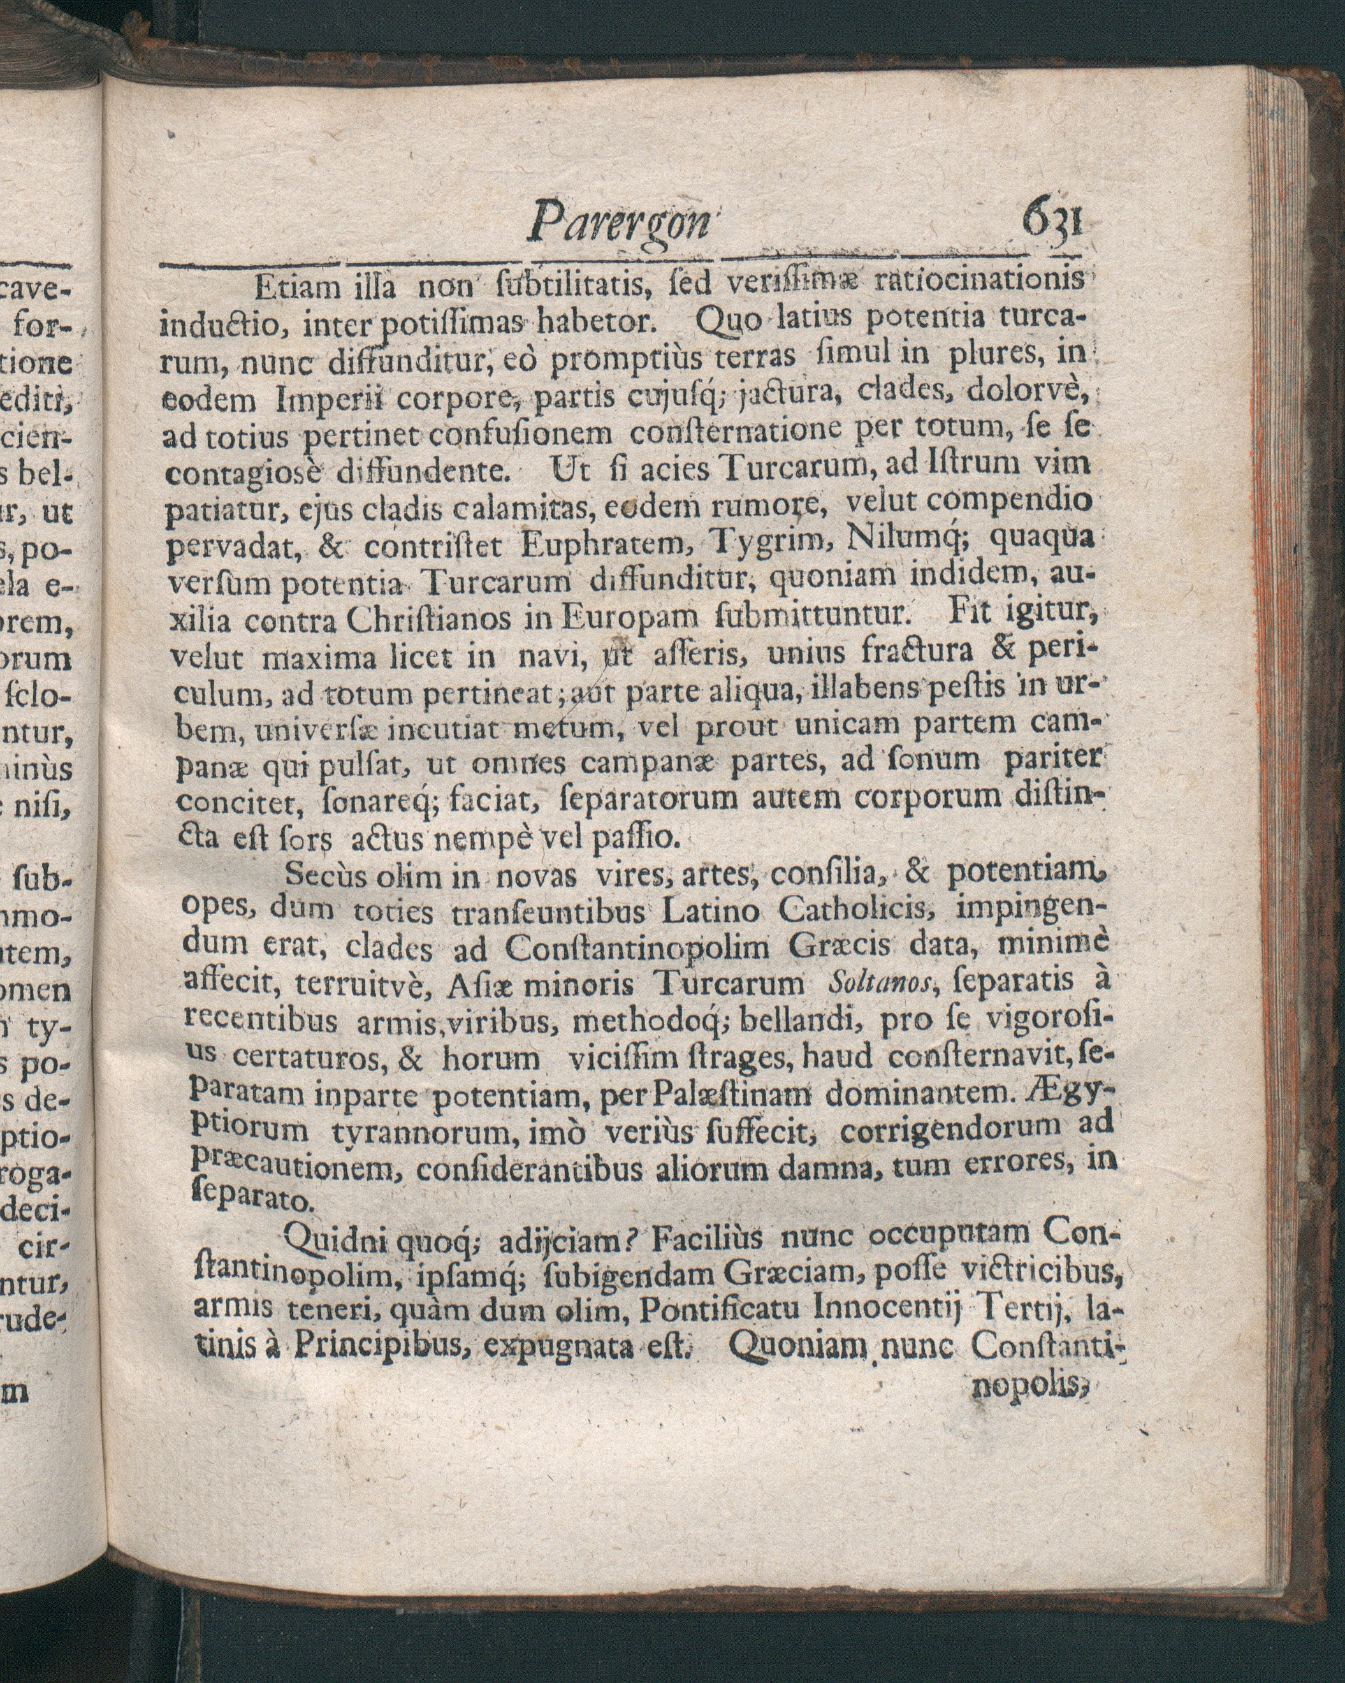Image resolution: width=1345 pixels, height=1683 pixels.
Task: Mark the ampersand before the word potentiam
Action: (x=915, y=871)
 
